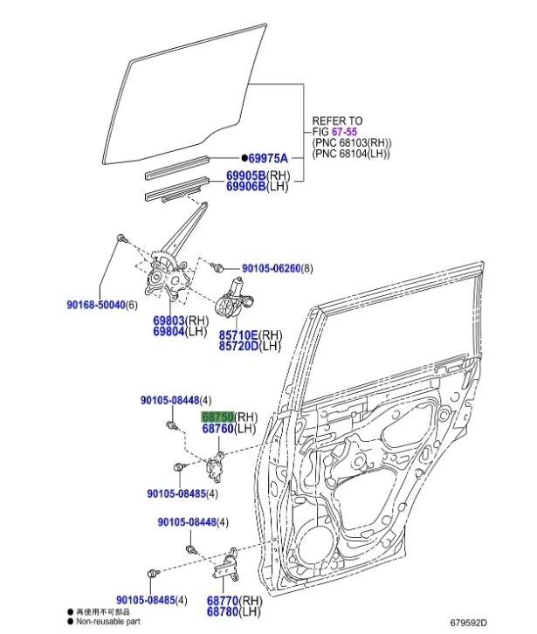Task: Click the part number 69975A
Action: (268, 158)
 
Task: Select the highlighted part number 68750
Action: (218, 417)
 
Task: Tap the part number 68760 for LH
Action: (218, 429)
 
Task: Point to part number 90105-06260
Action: (271, 268)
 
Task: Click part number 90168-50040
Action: (96, 304)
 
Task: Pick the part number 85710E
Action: (238, 334)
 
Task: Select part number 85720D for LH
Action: (238, 346)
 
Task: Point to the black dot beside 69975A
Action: (244, 158)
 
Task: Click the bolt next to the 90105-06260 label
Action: (225, 267)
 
